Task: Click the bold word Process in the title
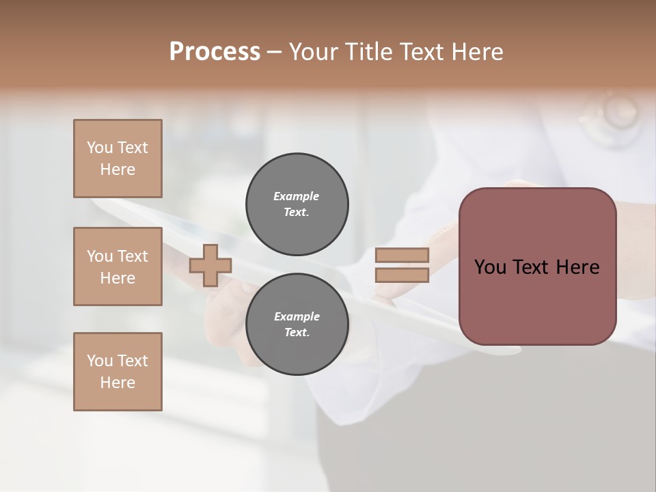[x=215, y=52]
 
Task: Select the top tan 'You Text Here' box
[x=118, y=159]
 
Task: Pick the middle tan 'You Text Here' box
[x=118, y=266]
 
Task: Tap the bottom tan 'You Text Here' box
[x=118, y=372]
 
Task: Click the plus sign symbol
[x=210, y=266]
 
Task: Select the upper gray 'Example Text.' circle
[x=297, y=204]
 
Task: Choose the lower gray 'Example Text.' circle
[x=297, y=325]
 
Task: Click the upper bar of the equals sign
[x=402, y=256]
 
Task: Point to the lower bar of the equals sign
[x=402, y=275]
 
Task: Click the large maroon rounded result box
[x=537, y=266]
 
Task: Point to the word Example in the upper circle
[x=297, y=196]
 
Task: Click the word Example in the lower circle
[x=297, y=316]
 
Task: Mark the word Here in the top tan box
[x=118, y=169]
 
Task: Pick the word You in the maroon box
[x=490, y=267]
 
